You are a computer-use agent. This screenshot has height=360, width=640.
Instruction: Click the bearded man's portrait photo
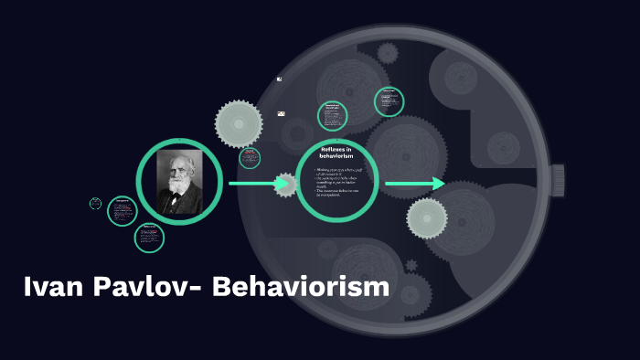pos(179,182)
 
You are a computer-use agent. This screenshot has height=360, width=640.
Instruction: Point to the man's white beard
pos(177,196)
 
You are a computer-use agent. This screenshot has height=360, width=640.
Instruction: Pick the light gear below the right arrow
pos(427,218)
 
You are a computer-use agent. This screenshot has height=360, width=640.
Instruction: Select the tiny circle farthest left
pos(95,204)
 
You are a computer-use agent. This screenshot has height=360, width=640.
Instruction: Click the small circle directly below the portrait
pos(149,238)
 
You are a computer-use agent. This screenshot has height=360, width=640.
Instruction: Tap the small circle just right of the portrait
pos(250,158)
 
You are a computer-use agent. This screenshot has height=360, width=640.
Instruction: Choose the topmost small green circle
pos(389,101)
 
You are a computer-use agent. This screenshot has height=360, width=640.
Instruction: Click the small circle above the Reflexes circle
pos(332,116)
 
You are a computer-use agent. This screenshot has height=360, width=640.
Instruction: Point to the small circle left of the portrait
pos(122,210)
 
